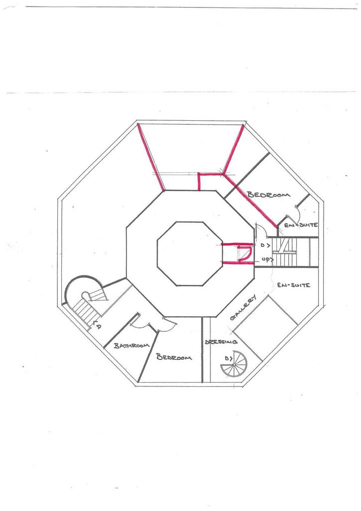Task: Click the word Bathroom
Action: point(132,345)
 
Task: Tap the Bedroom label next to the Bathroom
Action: point(174,357)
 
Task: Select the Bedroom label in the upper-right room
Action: point(269,195)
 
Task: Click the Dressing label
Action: point(221,342)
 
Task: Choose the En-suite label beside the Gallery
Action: point(294,285)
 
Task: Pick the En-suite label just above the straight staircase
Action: point(301,225)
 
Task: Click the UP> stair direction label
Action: point(268,259)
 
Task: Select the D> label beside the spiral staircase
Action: point(228,358)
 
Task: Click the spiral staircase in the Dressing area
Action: point(234,364)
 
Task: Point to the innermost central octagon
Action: point(190,254)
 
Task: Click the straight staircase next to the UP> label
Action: point(285,252)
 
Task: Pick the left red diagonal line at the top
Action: point(151,157)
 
